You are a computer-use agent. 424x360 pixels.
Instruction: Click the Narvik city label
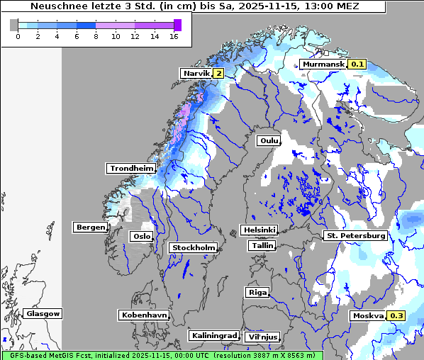coord(196,73)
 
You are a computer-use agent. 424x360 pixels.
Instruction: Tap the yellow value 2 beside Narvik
coord(218,73)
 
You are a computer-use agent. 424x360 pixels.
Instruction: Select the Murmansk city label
coord(323,64)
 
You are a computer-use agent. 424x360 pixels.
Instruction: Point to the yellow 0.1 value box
coord(357,64)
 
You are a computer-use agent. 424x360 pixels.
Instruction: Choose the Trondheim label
coord(131,168)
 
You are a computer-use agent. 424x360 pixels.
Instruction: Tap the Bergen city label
coord(89,227)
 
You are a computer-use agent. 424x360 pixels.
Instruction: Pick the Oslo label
coord(141,236)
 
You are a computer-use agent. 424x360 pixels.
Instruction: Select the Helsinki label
coord(259,230)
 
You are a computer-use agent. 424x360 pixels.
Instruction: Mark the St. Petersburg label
coord(355,235)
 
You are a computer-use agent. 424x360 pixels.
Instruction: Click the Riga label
coord(257,292)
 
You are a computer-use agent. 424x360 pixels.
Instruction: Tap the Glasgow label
coord(43,313)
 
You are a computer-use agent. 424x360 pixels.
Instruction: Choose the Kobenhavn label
coord(144,314)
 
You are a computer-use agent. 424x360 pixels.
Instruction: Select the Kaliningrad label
coord(213,335)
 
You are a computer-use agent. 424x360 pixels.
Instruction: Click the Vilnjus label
coord(262,337)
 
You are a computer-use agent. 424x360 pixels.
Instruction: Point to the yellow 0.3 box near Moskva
coord(396,315)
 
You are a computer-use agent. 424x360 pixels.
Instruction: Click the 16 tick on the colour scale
coord(174,36)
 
